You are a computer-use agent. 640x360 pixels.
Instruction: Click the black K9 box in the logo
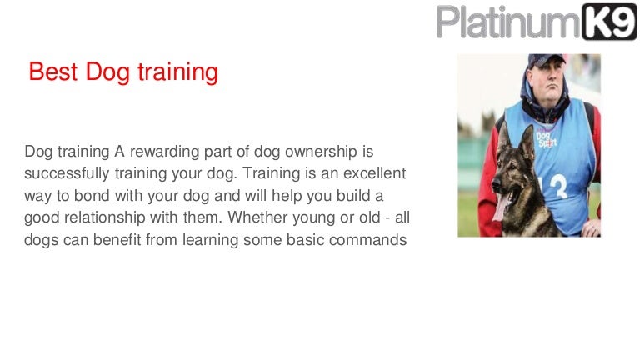pos(609,22)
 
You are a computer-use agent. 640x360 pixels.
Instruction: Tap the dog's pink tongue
pos(497,205)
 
